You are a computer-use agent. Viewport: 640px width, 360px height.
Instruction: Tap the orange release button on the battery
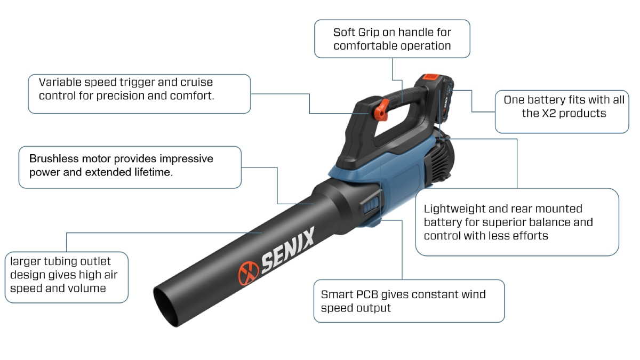pyautogui.click(x=431, y=77)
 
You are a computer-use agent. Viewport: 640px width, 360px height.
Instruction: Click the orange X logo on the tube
pyautogui.click(x=249, y=273)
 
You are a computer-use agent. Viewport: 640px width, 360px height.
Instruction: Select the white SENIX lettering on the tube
pyautogui.click(x=287, y=249)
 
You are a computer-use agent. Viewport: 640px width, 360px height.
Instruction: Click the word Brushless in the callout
pyautogui.click(x=54, y=158)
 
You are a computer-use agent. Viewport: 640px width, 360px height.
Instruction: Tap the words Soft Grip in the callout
pyautogui.click(x=357, y=33)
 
